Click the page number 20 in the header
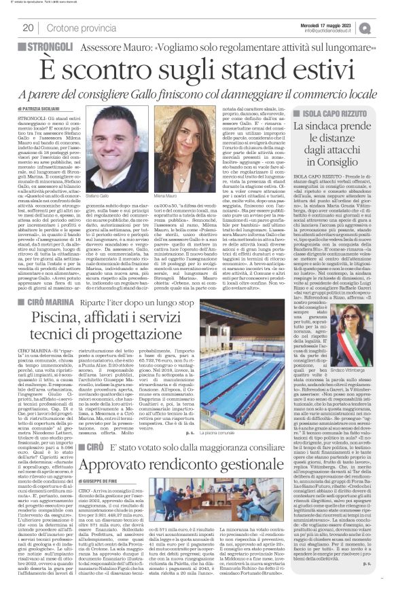[x=29, y=28]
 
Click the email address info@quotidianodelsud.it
[x=337, y=31]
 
